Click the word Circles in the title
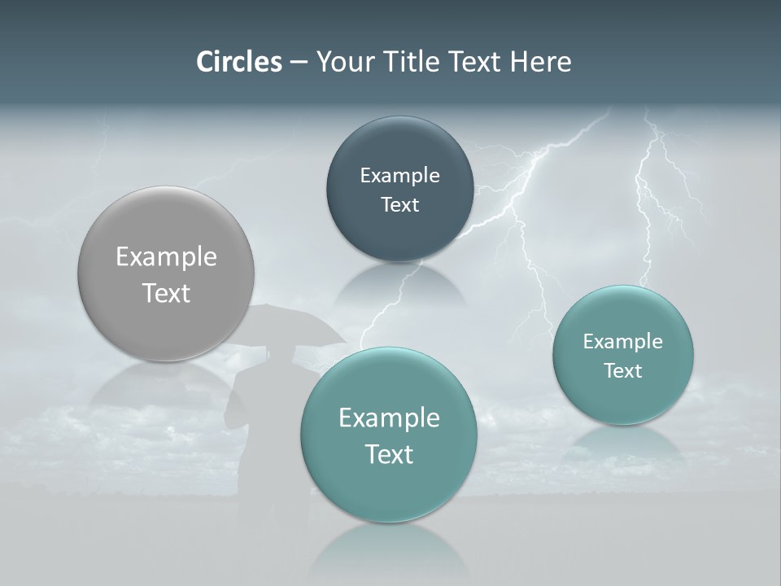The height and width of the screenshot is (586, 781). click(x=238, y=61)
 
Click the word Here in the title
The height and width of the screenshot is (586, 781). click(x=540, y=61)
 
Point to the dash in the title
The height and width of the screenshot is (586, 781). click(x=299, y=63)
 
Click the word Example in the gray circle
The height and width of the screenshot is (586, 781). click(x=166, y=257)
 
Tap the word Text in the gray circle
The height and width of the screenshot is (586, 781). click(x=166, y=293)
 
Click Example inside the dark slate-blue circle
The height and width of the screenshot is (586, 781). click(x=399, y=175)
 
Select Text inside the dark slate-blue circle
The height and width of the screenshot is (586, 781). click(x=399, y=204)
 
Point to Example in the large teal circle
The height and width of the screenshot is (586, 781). click(x=389, y=418)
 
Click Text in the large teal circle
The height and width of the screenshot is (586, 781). click(x=389, y=454)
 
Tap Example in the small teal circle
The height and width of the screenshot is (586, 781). click(x=623, y=342)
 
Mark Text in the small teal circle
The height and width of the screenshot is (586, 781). click(x=623, y=371)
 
